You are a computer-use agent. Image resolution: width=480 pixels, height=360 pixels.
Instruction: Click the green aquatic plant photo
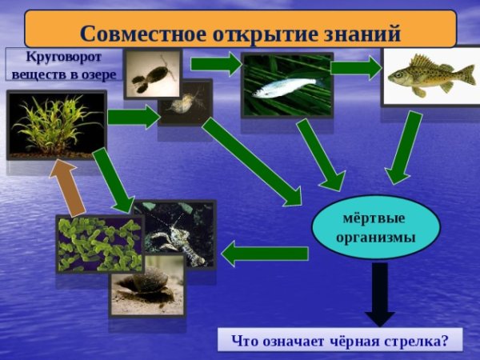click(56, 124)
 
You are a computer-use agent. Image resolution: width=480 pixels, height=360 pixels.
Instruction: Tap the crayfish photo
click(180, 232)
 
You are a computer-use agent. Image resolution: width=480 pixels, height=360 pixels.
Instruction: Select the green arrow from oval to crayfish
click(264, 254)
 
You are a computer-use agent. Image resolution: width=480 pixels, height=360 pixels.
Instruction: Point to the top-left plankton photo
click(151, 72)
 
